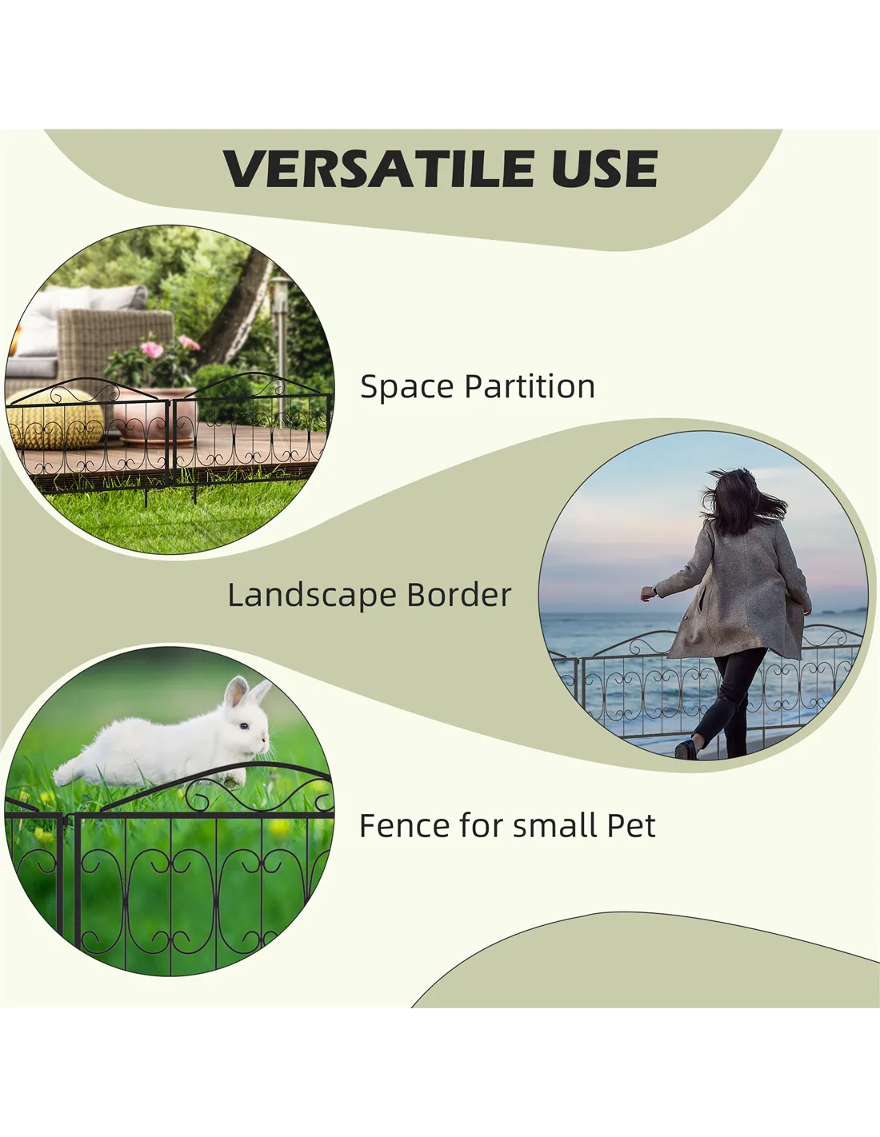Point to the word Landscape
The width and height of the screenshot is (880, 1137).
(311, 596)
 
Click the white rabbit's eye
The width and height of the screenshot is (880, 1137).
(243, 726)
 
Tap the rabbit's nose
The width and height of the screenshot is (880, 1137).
(266, 737)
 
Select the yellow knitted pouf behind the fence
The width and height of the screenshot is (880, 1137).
(55, 420)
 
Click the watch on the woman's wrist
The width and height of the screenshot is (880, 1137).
(654, 591)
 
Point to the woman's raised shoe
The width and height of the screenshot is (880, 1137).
(686, 748)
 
